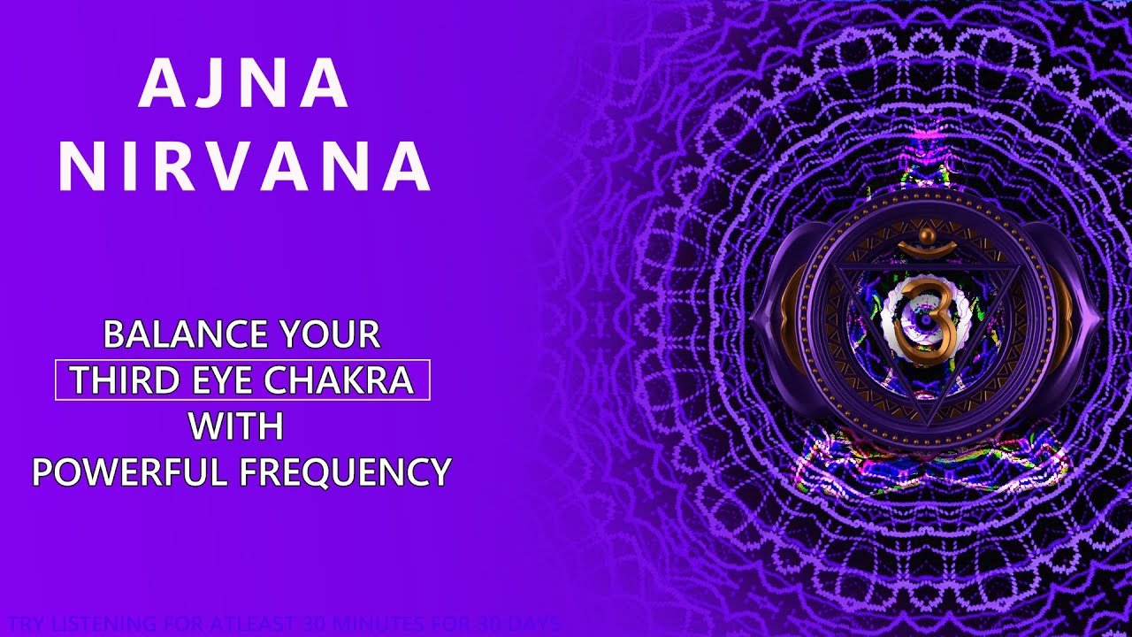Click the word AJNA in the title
244,85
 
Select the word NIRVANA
244,166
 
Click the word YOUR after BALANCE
329,334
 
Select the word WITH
236,427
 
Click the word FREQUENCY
346,472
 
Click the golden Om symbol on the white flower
924,320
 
